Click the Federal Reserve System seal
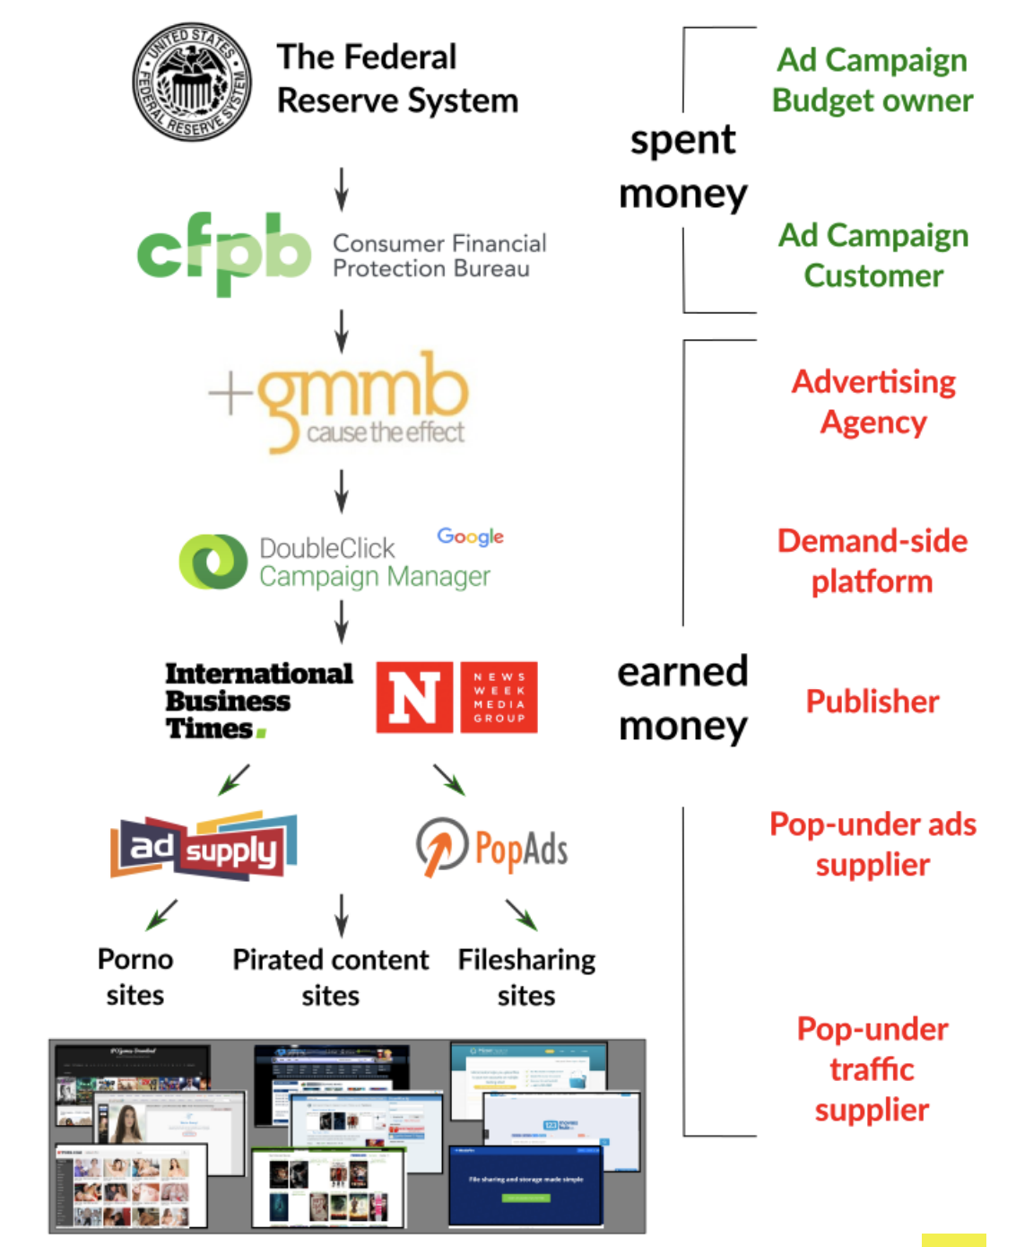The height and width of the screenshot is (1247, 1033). [x=192, y=83]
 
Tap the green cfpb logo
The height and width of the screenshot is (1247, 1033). [x=224, y=252]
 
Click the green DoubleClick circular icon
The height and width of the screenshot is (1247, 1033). [x=213, y=562]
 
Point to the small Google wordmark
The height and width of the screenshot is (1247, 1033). [x=470, y=536]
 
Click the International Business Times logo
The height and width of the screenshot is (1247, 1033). [x=258, y=700]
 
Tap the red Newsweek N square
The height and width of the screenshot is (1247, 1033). [x=414, y=697]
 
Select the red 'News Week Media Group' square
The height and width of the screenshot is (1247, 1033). [x=499, y=697]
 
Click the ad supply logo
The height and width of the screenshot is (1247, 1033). [x=204, y=845]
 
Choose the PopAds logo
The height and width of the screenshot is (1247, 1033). [x=492, y=847]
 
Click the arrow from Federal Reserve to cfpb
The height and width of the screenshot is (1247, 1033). [x=342, y=188]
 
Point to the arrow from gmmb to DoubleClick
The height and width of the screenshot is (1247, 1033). [x=342, y=490]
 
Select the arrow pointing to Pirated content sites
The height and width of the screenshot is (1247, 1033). [x=342, y=915]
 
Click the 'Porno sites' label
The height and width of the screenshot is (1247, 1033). [x=135, y=977]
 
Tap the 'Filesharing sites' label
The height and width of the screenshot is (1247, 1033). [x=526, y=977]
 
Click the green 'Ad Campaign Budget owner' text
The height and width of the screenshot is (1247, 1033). [x=872, y=80]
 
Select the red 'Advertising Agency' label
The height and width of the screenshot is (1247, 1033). [x=873, y=401]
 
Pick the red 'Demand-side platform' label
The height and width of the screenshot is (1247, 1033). [x=872, y=561]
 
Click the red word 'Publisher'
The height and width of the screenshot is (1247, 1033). [x=872, y=702]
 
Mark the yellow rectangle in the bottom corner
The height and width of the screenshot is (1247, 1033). [x=953, y=1240]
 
